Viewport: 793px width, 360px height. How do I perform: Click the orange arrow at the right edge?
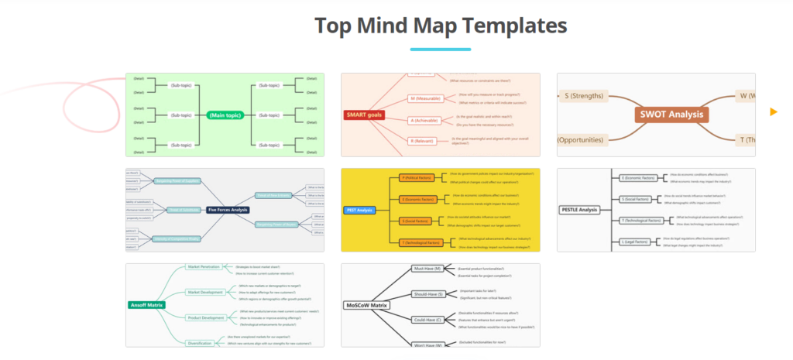[773, 112]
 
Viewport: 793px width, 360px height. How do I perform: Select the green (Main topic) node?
[225, 115]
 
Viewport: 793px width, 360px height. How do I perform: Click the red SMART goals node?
[364, 115]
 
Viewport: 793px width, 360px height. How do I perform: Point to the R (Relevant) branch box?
[422, 141]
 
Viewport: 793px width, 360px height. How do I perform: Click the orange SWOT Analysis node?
[671, 115]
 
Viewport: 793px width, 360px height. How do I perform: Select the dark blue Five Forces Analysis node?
[228, 210]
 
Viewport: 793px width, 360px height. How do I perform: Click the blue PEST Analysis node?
[359, 210]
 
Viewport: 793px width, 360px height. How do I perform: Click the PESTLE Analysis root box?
[578, 210]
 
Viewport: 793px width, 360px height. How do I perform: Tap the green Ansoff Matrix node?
[147, 305]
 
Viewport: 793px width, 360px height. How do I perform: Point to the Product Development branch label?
[205, 317]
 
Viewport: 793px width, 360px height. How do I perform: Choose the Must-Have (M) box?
[427, 269]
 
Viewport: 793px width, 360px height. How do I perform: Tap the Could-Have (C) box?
[427, 319]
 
